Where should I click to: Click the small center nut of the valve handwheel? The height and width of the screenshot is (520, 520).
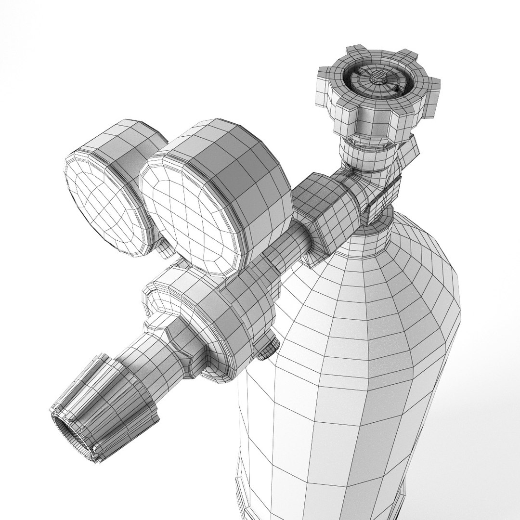tap(378, 77)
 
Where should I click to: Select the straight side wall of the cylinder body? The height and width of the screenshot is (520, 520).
tap(361, 433)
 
